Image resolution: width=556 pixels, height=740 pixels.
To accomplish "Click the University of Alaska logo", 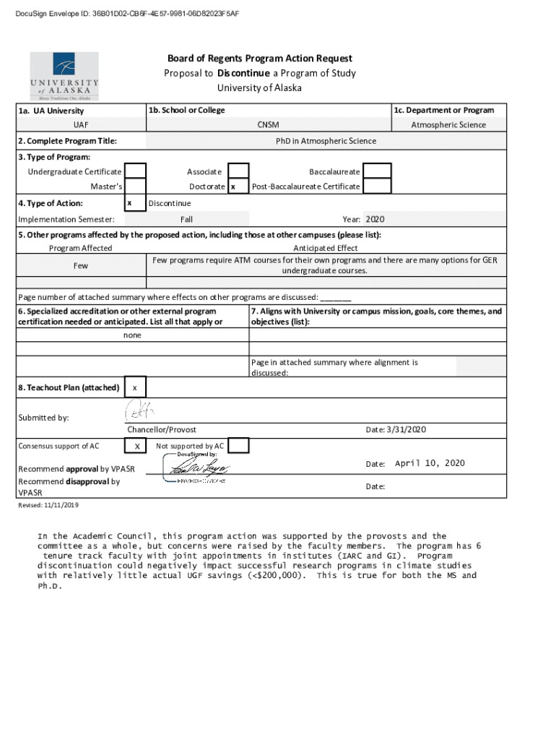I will pos(64,76).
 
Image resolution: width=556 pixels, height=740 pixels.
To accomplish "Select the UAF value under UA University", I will pos(81,125).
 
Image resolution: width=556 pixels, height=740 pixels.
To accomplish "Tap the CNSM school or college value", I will pos(268,125).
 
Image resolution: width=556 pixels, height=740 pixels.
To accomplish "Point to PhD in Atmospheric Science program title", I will pos(326,141).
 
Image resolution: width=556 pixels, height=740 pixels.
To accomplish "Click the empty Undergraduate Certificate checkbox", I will pos(135,171).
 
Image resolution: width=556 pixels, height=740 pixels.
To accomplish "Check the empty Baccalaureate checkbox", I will pos(377,171).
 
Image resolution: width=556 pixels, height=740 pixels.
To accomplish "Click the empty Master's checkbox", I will pos(135,186).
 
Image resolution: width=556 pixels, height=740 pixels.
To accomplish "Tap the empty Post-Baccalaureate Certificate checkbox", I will pos(377,186).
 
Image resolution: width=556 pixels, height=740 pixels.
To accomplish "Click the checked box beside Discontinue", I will pos(135,204).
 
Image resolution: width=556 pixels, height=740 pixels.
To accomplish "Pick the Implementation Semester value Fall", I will pos(186,219).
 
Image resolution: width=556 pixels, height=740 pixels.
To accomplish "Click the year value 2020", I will pos(376,219).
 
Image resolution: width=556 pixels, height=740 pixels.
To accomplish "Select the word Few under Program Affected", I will pos(81,265).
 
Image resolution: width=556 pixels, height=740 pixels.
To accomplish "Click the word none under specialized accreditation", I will pos(132,335).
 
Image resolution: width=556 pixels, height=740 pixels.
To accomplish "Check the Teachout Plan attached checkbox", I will pos(135,388).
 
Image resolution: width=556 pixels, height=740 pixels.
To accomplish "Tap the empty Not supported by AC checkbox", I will pos(238,446).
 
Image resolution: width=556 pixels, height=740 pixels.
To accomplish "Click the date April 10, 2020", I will pos(430,463).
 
